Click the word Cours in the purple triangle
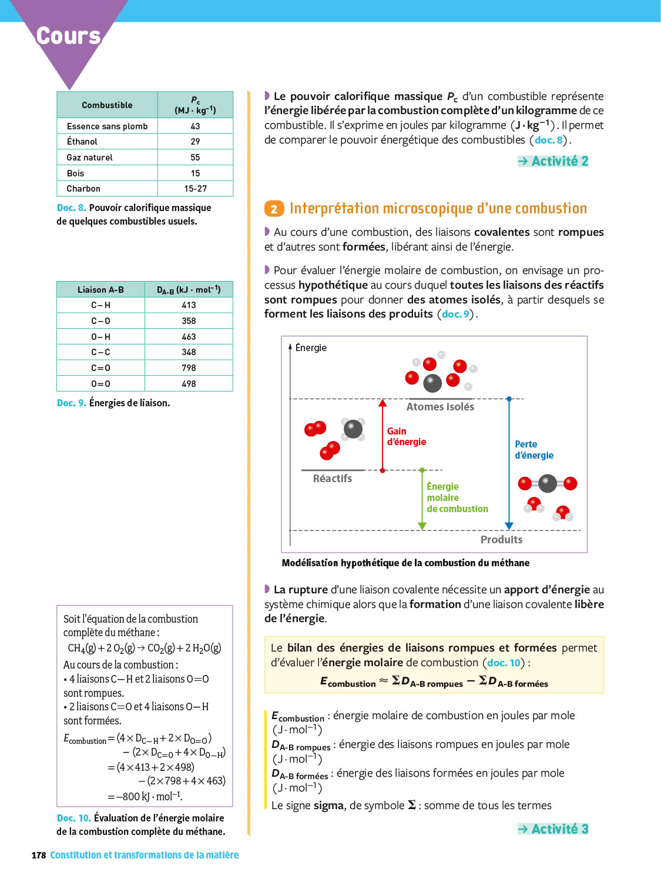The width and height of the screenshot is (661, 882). pos(69,36)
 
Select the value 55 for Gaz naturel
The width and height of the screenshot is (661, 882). pos(195,158)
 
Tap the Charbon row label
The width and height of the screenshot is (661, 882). pos(83,189)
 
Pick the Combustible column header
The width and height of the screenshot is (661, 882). pos(107,105)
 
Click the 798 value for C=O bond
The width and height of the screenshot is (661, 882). pos(189,368)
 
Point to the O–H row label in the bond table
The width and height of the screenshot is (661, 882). pos(100,337)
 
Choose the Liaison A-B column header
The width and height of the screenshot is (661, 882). pos(100,290)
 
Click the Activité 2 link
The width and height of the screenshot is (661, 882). pos(553,161)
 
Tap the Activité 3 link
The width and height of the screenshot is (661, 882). pos(553,829)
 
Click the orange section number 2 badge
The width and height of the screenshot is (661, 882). pos(274,209)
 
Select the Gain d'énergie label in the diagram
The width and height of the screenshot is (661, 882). pos(406,437)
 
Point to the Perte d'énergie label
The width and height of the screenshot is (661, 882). pos(534,450)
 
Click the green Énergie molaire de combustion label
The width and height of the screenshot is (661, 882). pos(457,497)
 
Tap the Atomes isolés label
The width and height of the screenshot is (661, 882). pos(440,407)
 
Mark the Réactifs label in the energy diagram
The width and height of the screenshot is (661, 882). pos(333,479)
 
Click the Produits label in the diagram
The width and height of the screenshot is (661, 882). pos(501,540)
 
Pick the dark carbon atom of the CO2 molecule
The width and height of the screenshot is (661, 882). pos(548,483)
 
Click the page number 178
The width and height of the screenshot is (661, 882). pos(39,856)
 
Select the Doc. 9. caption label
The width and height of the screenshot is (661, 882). pos(71,403)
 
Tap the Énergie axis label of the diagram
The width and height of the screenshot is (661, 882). pos(311,348)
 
